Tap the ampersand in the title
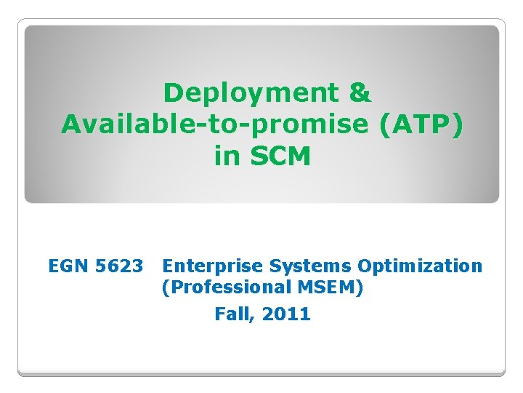tap(360, 93)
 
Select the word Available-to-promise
tap(216, 124)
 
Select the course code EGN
tap(68, 266)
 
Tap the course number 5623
tap(118, 266)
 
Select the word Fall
tap(232, 314)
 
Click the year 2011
tap(286, 314)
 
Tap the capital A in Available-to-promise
tap(72, 124)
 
